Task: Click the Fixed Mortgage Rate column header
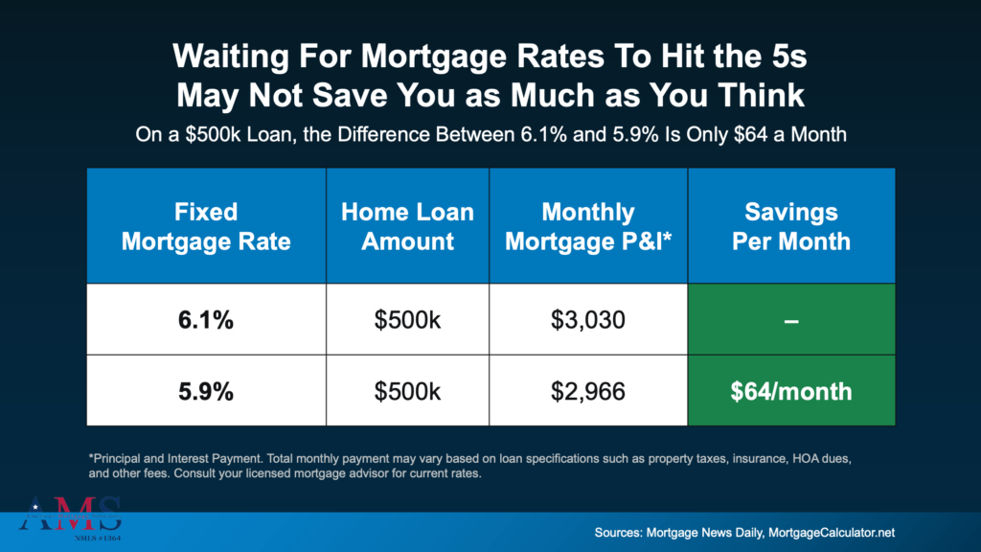point(206,225)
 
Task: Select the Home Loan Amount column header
point(407,225)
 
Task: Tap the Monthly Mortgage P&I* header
point(587,225)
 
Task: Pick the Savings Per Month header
point(790,225)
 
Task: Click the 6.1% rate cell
point(206,319)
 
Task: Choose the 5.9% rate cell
point(206,391)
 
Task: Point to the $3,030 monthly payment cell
point(587,319)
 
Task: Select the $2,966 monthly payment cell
point(587,391)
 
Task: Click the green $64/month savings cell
point(790,391)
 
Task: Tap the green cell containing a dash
point(790,319)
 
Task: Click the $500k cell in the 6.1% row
point(407,319)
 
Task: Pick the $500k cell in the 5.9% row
point(407,391)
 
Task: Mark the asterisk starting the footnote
point(89,458)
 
